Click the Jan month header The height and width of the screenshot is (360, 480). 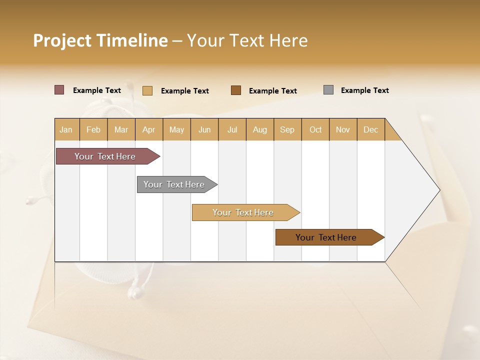click(66, 129)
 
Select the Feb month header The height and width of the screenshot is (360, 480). click(93, 129)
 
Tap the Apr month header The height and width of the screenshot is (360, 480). click(149, 129)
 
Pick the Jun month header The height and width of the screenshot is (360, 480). click(204, 129)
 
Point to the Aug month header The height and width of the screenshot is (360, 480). click(260, 129)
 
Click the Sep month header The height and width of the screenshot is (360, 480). click(287, 129)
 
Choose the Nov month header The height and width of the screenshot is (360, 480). click(343, 129)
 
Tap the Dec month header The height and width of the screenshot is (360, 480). click(371, 129)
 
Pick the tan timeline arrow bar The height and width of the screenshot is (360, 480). click(243, 212)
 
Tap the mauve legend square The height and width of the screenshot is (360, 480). click(59, 90)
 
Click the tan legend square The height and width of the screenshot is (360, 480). click(147, 90)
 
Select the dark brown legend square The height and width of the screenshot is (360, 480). click(236, 90)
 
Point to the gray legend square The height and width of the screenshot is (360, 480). click(328, 90)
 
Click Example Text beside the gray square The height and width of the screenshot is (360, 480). click(364, 90)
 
